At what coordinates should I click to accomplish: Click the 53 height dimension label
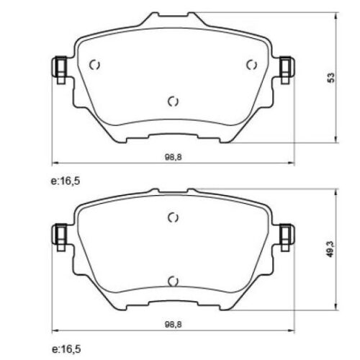pos(331,78)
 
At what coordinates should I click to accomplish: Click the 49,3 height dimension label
pos(331,249)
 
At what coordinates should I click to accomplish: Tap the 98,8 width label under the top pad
pos(174,157)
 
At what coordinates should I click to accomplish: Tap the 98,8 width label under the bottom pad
pos(174,325)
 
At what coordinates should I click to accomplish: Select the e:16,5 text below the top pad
pos(66,181)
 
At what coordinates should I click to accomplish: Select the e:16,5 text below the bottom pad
pos(66,349)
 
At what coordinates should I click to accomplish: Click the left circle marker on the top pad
pos(94,65)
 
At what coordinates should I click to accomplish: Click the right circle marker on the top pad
pos(252,65)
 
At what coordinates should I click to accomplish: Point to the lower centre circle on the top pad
pos(173,102)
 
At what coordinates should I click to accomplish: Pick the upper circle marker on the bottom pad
pos(173,217)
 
